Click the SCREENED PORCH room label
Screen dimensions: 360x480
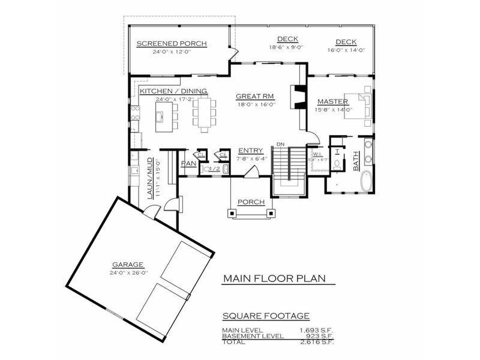(171, 44)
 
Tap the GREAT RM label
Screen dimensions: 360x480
(255, 96)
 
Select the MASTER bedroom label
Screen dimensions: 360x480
(333, 101)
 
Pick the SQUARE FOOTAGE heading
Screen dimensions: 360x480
(266, 316)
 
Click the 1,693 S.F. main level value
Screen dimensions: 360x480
(317, 330)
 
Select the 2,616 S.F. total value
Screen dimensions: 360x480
(317, 342)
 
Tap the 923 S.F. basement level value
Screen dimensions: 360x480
(320, 336)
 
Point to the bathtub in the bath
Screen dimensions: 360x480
(365, 181)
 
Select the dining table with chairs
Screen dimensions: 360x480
(205, 114)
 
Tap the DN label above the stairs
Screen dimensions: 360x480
(280, 144)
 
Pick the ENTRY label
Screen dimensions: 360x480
(250, 151)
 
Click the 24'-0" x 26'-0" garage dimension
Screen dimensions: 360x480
(128, 272)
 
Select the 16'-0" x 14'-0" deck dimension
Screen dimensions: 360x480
(346, 50)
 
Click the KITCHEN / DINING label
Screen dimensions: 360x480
(173, 91)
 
